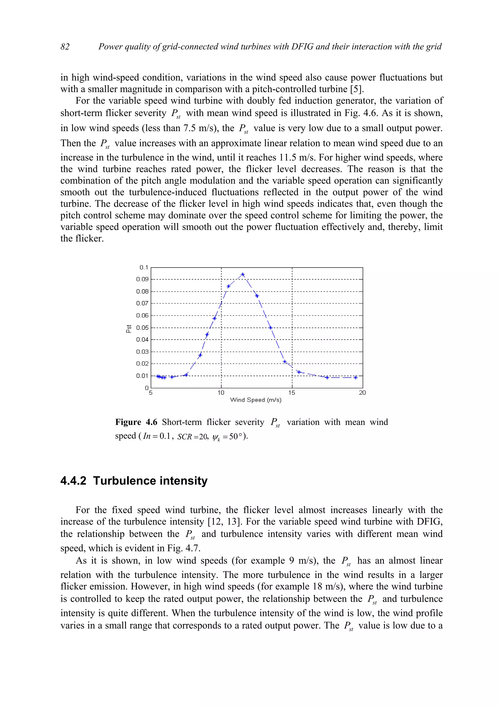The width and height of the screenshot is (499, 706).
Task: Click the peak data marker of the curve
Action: (x=243, y=274)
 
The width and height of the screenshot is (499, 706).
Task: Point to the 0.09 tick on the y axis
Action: (x=142, y=279)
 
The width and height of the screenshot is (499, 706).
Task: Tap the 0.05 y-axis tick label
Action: (x=142, y=327)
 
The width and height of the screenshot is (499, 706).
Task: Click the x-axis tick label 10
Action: (x=221, y=393)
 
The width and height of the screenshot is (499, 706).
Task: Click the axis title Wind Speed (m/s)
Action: (x=256, y=400)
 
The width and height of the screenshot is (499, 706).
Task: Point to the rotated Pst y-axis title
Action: (x=129, y=328)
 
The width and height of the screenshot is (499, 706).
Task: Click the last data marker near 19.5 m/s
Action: (x=355, y=377)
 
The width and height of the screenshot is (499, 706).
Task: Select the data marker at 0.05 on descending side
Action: (x=270, y=327)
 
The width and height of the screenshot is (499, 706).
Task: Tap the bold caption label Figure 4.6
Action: (x=136, y=422)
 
